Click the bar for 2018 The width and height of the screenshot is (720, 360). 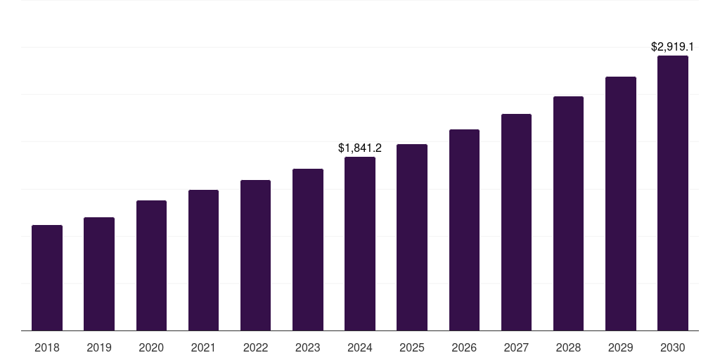(47, 278)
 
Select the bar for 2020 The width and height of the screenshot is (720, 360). (151, 265)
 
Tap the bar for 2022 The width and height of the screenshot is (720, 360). (255, 255)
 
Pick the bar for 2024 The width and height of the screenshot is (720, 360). (360, 243)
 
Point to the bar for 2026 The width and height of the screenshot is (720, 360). (464, 230)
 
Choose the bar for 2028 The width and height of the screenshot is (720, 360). (568, 213)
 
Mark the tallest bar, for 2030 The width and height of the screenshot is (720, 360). (673, 193)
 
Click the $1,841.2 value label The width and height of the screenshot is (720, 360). (360, 148)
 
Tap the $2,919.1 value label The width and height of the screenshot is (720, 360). (673, 47)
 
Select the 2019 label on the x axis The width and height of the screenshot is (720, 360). (99, 347)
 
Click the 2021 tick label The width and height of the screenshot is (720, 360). (203, 347)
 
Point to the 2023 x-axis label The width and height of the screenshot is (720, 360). (307, 347)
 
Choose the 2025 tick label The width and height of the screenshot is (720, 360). (412, 347)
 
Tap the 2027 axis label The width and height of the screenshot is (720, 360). (516, 347)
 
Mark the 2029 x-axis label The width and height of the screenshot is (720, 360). (620, 347)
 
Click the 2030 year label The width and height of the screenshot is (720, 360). (673, 347)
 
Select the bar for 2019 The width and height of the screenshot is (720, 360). (99, 274)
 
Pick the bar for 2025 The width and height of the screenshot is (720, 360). (412, 237)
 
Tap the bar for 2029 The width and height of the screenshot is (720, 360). (620, 203)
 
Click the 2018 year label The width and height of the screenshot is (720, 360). (47, 347)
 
